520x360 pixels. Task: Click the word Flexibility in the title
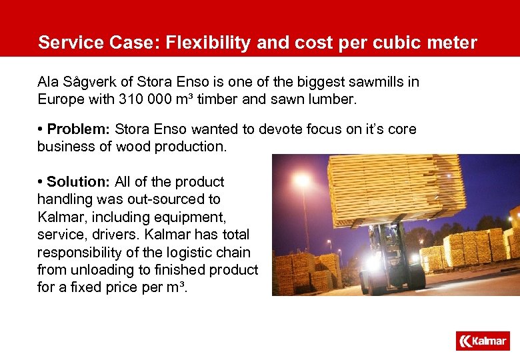click(x=201, y=43)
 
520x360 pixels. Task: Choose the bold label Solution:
click(x=78, y=182)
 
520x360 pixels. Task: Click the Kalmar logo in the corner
click(x=483, y=341)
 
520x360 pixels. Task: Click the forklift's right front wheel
click(x=417, y=280)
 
